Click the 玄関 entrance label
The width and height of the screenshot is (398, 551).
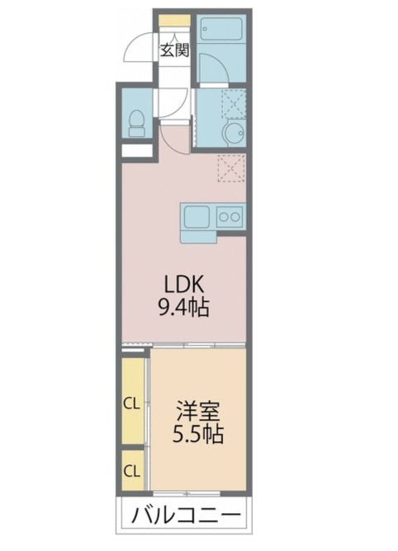174,49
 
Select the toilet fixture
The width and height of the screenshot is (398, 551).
135,121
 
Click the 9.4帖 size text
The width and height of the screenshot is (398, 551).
185,309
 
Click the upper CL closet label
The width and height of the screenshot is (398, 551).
130,403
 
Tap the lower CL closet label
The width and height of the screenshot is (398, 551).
130,471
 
